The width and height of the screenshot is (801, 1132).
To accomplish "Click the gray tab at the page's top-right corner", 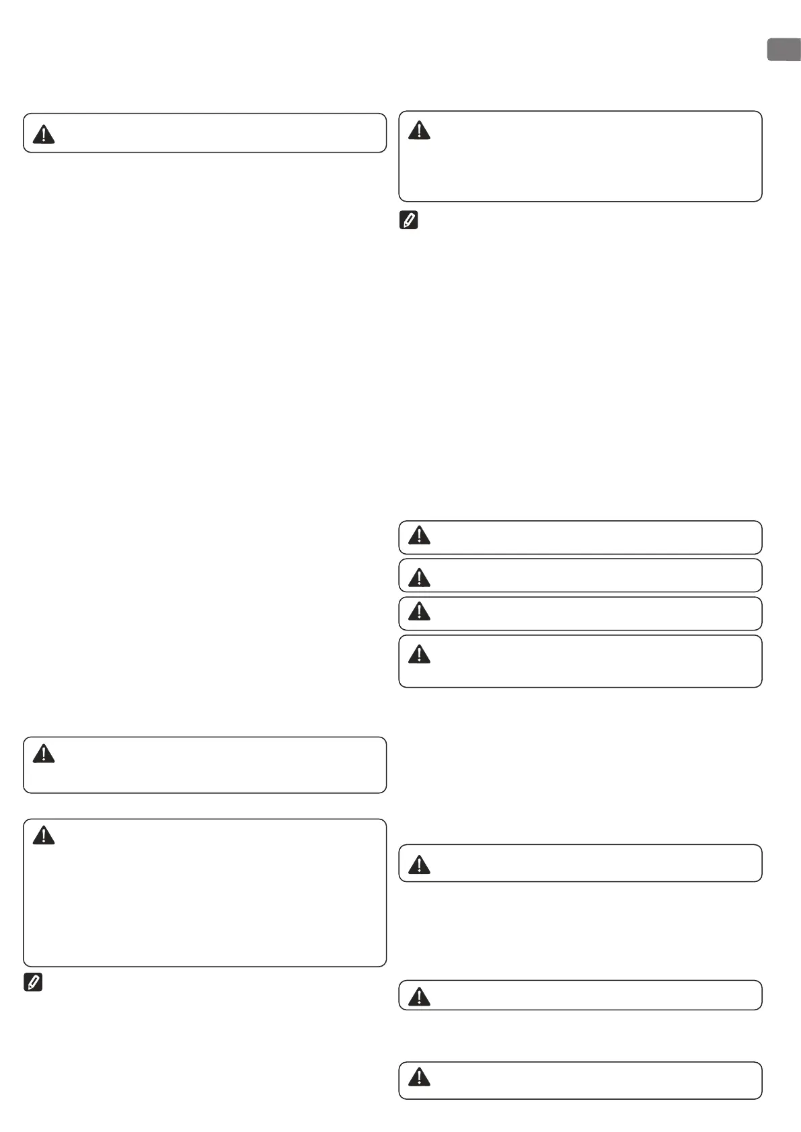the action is tap(784, 50).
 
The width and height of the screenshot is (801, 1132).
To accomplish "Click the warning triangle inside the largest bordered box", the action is tap(44, 836).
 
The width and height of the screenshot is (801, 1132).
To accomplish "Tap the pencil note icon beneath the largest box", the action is tap(33, 982).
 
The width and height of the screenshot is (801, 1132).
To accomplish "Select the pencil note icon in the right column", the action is tap(409, 220).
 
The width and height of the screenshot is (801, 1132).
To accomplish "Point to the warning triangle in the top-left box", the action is tap(44, 134).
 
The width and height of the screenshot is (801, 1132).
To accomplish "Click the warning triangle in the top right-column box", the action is tap(419, 130).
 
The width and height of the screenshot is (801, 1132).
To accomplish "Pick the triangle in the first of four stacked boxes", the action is tap(419, 535).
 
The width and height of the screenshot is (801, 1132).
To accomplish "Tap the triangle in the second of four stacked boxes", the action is tap(419, 577).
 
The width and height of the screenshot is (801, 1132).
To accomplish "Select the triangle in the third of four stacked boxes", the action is tap(419, 611).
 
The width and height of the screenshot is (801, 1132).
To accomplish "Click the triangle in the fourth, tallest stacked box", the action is tap(419, 653).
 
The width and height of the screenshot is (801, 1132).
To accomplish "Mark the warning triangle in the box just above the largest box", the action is tap(44, 754).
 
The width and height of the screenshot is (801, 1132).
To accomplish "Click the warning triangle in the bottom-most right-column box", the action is tap(419, 1077).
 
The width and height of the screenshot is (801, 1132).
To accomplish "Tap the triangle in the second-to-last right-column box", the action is tap(419, 996).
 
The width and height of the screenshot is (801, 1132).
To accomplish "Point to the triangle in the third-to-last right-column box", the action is tap(419, 864).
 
